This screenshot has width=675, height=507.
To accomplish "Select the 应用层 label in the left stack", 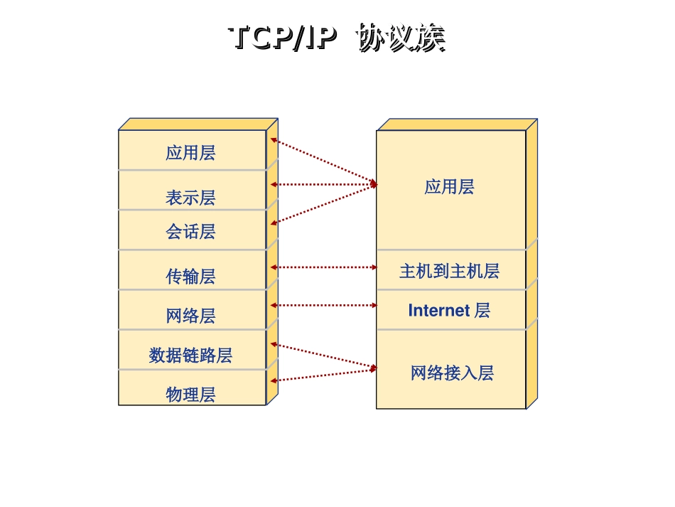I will (x=190, y=153).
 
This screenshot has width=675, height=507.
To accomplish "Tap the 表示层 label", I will (x=190, y=198).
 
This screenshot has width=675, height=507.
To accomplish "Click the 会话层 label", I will (x=190, y=232).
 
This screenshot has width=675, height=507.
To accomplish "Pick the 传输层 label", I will (x=190, y=277).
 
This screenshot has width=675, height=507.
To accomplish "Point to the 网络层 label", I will (x=190, y=316).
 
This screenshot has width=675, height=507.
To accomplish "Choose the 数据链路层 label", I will (x=190, y=356).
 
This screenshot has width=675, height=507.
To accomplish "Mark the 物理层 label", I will (x=190, y=395).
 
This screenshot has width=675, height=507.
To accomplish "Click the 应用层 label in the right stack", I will (x=449, y=187).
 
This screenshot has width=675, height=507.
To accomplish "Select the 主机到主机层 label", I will (x=449, y=271).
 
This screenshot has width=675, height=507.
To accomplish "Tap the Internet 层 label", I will (x=449, y=311).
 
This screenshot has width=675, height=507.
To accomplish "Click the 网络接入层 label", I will (x=452, y=373).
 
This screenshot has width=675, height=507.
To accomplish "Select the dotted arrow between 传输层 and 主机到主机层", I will (x=324, y=267).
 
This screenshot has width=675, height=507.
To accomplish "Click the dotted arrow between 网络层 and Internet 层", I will (x=324, y=305).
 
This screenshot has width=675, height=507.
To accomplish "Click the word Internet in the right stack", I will (x=438, y=311).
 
